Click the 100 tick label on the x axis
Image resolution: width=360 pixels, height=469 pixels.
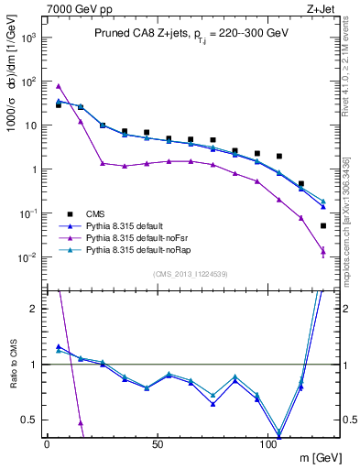coord(268,443)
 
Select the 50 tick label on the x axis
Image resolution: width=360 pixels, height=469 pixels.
coord(158,443)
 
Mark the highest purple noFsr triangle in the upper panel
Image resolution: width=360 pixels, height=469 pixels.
coord(59,86)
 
